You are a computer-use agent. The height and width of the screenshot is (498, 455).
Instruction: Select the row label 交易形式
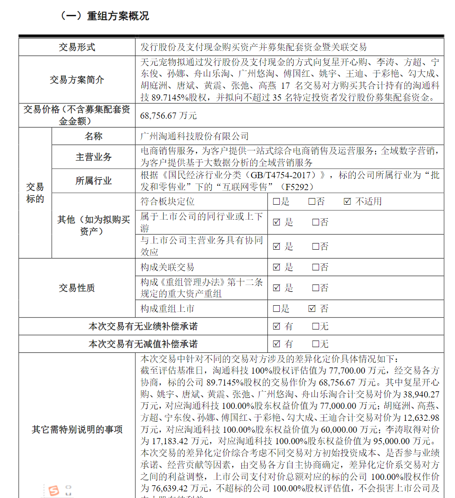pyautogui.click(x=77, y=47)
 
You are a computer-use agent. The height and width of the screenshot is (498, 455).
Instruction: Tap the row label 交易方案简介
pyautogui.click(x=77, y=80)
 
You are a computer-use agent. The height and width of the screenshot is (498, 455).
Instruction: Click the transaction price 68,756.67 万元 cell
pyautogui.click(x=168, y=116)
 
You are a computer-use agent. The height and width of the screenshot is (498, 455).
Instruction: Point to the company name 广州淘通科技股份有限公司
pyautogui.click(x=194, y=137)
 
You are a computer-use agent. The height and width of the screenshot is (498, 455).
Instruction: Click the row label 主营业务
pyautogui.click(x=94, y=157)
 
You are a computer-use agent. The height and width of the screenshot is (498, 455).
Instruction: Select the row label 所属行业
pyautogui.click(x=94, y=181)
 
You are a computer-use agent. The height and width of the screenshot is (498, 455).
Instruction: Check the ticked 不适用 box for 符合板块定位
pyautogui.click(x=347, y=202)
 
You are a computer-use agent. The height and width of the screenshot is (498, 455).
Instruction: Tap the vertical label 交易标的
pyautogui.click(x=35, y=193)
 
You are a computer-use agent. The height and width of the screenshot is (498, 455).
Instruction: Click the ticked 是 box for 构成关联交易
pyautogui.click(x=277, y=267)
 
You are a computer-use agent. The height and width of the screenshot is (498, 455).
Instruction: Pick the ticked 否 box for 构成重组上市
pyautogui.click(x=312, y=309)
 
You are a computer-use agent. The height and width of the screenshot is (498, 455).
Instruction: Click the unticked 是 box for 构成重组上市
pyautogui.click(x=277, y=309)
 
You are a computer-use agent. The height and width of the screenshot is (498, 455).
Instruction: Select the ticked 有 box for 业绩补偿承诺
pyautogui.click(x=277, y=327)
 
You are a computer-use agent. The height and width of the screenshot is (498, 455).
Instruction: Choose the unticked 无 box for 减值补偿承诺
pyautogui.click(x=316, y=344)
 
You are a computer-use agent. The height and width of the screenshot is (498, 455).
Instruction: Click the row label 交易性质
pyautogui.click(x=77, y=288)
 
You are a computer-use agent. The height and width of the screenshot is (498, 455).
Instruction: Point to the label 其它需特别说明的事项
pyautogui.click(x=77, y=430)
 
